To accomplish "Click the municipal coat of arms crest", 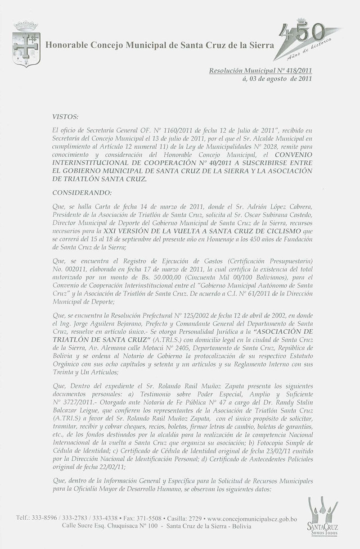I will (x=27, y=44).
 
